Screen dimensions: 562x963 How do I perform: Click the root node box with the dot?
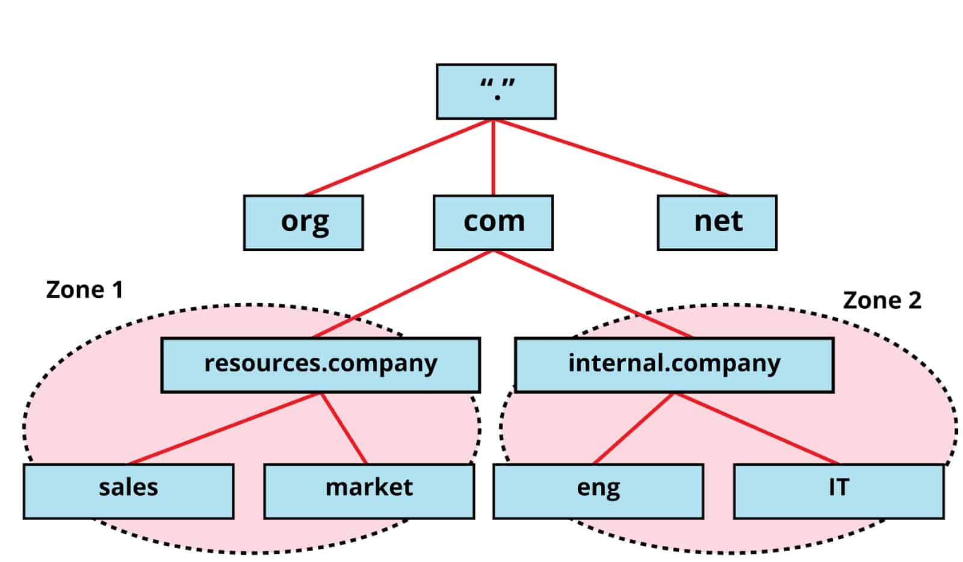coord(495,91)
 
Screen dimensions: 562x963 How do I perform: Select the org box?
coord(303,222)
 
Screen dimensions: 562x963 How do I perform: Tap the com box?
coord(493,222)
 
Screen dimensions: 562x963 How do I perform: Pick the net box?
coord(717,222)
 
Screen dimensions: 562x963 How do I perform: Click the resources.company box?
coord(320,365)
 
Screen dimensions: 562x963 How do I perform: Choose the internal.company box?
coord(674,365)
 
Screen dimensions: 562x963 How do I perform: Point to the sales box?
coord(128,490)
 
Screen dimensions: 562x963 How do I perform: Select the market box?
coord(369,490)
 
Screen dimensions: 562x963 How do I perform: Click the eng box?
coord(598,490)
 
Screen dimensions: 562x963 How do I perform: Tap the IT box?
coord(838,490)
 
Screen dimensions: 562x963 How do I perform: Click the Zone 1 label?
coord(84,290)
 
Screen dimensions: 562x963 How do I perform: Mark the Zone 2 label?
coord(882,300)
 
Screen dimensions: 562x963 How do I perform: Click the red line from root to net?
coord(611,157)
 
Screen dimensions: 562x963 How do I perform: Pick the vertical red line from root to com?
coord(494,158)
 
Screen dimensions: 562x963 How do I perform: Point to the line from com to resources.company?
coord(403,294)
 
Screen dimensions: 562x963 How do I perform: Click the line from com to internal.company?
coord(593,294)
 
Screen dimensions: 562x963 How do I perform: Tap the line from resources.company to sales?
coord(224,428)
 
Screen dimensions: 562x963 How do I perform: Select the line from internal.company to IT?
coord(757,428)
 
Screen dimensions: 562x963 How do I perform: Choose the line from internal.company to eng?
coord(633,428)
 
